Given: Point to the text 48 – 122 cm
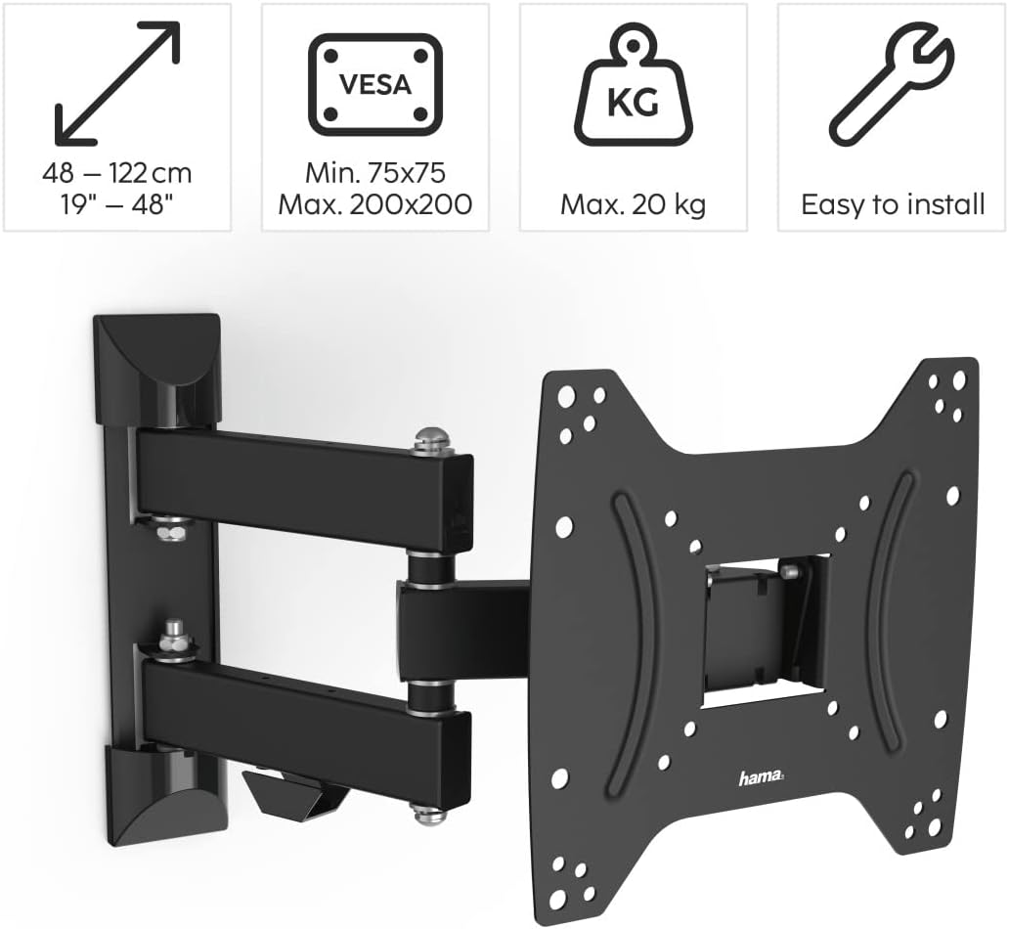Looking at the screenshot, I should click(117, 174).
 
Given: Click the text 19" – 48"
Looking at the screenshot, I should click(117, 204).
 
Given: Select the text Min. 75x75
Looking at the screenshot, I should click(375, 174).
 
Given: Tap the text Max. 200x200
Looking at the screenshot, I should click(375, 204).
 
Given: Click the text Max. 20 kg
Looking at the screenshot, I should click(633, 204).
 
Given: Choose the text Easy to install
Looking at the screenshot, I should click(893, 204).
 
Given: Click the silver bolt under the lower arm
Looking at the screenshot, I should click(425, 810).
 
